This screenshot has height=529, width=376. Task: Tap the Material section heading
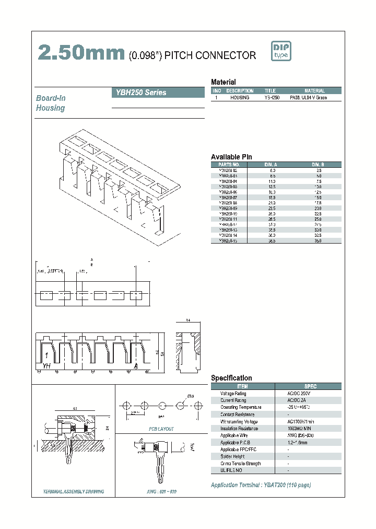(x=223, y=82)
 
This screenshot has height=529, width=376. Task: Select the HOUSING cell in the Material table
(x=240, y=98)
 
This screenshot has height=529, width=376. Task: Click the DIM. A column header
(x=272, y=164)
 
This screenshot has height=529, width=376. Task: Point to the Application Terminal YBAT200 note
(x=261, y=485)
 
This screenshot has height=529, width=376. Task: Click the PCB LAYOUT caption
(x=161, y=429)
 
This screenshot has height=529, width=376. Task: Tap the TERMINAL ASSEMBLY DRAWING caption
(x=73, y=491)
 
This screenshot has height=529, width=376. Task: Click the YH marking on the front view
(x=46, y=365)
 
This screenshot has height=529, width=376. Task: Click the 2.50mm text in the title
(x=81, y=54)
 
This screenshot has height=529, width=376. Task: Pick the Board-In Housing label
(x=50, y=103)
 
